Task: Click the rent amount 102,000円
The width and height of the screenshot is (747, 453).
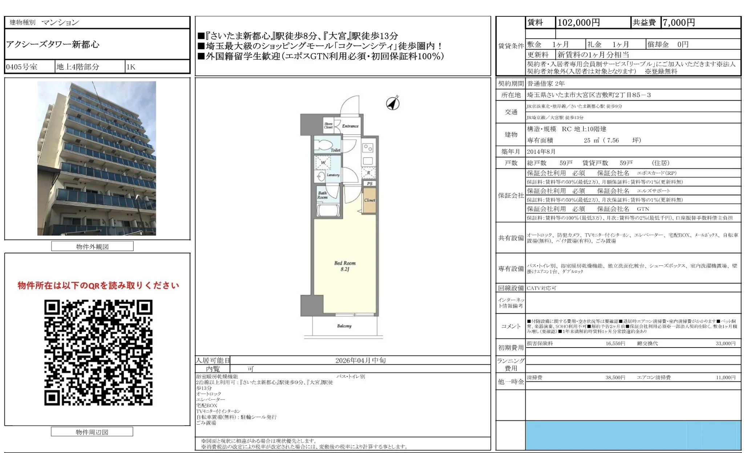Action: point(578,23)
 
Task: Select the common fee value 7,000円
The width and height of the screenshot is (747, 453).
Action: point(678,23)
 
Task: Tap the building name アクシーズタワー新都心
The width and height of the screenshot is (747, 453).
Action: point(53,44)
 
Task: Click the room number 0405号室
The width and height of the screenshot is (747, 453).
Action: point(22,67)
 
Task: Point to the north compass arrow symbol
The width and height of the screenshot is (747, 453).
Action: point(393,103)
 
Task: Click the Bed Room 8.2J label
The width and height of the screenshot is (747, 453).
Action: point(345,266)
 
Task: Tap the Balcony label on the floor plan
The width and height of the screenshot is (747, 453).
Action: point(344,326)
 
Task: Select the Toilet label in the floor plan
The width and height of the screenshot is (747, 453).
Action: point(335,150)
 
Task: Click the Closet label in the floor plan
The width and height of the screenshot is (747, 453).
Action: point(370,200)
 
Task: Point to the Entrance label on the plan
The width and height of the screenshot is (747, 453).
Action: point(350,126)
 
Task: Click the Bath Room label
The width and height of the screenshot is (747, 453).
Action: point(322,195)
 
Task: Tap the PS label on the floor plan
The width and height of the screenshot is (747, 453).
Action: point(370,184)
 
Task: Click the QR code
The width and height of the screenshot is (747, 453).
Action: point(98,352)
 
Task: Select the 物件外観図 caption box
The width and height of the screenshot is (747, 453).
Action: point(92,246)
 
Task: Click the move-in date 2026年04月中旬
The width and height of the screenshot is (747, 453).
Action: point(360,360)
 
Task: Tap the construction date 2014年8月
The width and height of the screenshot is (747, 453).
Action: point(541,152)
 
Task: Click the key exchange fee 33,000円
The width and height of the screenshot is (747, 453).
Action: point(725,343)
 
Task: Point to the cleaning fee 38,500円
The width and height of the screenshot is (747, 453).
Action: point(615,377)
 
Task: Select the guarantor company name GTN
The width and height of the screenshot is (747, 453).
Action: point(643,209)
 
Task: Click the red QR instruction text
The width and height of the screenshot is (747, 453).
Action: point(98,285)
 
